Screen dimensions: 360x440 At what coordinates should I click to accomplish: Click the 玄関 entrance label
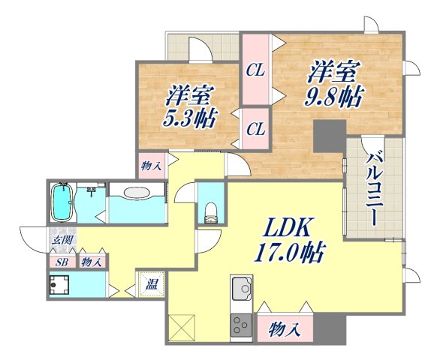point(61,241)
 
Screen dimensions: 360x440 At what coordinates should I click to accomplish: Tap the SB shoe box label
point(61,262)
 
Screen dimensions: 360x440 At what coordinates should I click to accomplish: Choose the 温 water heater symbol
point(150,284)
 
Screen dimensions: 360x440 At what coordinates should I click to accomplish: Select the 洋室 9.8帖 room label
point(335,84)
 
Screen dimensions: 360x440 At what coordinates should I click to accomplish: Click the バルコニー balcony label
point(373,187)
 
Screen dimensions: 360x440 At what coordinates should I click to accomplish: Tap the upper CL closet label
point(256,71)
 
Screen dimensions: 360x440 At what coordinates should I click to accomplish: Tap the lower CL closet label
point(256,128)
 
